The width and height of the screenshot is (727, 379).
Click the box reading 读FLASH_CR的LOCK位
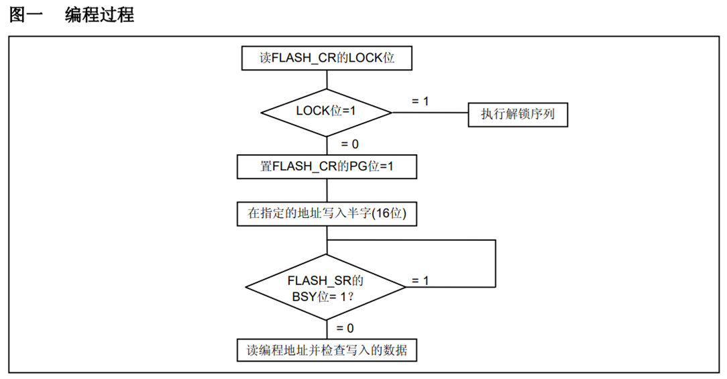pyautogui.click(x=327, y=58)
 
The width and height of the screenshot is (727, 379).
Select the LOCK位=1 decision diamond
pyautogui.click(x=327, y=111)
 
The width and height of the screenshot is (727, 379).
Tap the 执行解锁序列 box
pyautogui.click(x=518, y=115)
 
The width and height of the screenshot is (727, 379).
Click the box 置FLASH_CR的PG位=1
pyautogui.click(x=327, y=166)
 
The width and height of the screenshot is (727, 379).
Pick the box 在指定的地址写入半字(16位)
pyautogui.click(x=327, y=214)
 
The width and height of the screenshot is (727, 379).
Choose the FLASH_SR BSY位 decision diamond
pyautogui.click(x=326, y=287)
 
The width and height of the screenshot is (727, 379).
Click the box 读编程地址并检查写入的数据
pyautogui.click(x=327, y=350)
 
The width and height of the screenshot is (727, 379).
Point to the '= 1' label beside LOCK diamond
pyautogui.click(x=420, y=101)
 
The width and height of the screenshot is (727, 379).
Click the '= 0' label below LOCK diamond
pyautogui.click(x=349, y=144)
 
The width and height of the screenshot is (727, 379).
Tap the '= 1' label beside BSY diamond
pyautogui.click(x=420, y=280)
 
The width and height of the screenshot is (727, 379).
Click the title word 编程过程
pyautogui.click(x=99, y=15)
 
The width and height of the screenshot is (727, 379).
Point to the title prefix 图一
pyautogui.click(x=26, y=15)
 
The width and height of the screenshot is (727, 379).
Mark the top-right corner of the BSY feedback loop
pyautogui.click(x=495, y=239)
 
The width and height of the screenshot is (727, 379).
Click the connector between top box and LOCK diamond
pyautogui.click(x=327, y=78)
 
